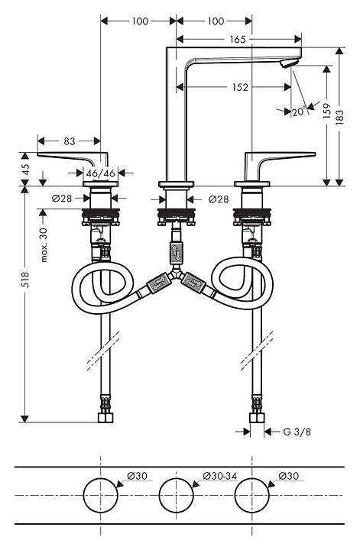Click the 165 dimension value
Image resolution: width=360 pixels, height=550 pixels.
(x=238, y=39)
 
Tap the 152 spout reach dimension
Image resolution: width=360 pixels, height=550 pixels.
(x=240, y=87)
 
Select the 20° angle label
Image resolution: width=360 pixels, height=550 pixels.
(x=300, y=112)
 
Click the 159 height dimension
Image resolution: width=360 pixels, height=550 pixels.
(x=327, y=111)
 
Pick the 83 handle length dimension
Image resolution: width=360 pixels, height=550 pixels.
(x=70, y=141)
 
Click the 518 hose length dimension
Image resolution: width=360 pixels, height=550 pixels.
(x=25, y=280)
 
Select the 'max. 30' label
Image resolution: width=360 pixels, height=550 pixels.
(x=44, y=245)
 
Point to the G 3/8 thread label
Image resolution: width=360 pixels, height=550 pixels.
(x=297, y=432)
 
